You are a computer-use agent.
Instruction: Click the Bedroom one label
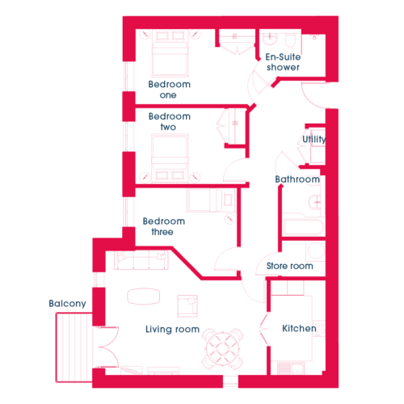[x=169, y=90]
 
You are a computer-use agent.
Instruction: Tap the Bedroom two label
[x=169, y=121]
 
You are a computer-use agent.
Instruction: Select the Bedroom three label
[x=163, y=226]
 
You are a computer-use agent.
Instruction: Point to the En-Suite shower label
[x=283, y=62]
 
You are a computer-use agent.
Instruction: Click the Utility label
[x=314, y=139]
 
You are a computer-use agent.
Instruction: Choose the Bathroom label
[x=297, y=179]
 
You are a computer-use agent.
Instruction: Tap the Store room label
[x=289, y=266]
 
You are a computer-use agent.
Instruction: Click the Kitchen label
[x=299, y=328]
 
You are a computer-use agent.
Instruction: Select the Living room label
[x=172, y=329]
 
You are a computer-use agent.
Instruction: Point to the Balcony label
[x=67, y=303]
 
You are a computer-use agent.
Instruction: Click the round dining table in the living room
[x=222, y=348]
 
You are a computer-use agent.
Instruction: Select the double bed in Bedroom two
[x=170, y=158]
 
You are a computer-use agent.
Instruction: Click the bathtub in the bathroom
[x=304, y=228]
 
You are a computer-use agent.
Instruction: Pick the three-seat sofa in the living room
[x=141, y=260]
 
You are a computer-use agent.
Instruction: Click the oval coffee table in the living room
[x=144, y=297]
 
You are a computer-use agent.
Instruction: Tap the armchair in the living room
[x=187, y=306]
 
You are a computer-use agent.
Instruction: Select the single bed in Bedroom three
[x=211, y=200]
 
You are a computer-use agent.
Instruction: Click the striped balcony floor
[x=74, y=347]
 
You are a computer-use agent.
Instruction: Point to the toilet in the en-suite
[x=290, y=40]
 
